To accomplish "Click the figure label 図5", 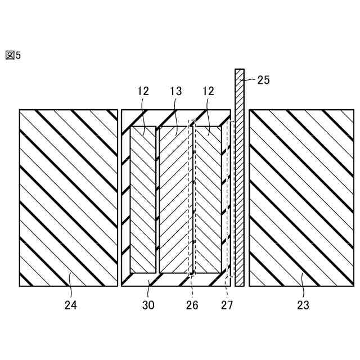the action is click(13, 55).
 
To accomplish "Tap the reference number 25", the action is click(263, 80).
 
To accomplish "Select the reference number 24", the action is click(70, 305).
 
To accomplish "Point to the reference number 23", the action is click(301, 305).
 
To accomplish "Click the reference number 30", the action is click(149, 305).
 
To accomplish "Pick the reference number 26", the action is click(191, 305).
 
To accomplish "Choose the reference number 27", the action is click(226, 305).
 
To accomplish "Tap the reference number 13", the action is click(176, 90).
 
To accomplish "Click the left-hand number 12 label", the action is click(142, 90).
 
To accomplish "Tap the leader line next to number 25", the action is click(250, 80).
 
